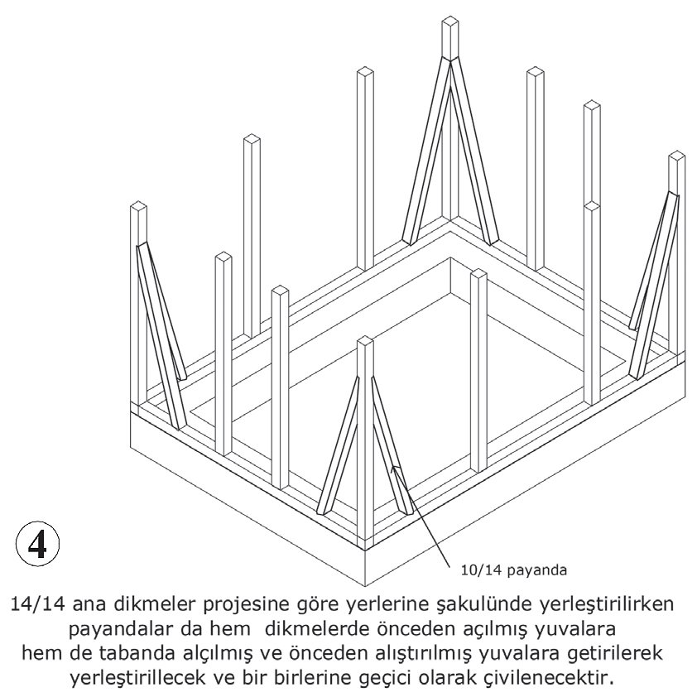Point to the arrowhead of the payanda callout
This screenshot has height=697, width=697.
[x=396, y=469]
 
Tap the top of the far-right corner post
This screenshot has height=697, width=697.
[x=676, y=157]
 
